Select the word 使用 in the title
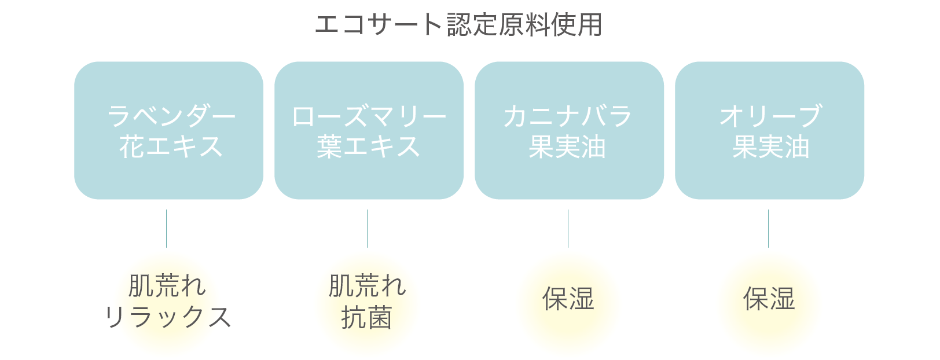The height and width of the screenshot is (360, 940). click(577, 25)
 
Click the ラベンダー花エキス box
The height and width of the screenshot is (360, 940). click(168, 130)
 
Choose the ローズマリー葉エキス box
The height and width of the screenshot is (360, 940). click(369, 130)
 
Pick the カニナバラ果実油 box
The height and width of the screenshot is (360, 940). click(569, 130)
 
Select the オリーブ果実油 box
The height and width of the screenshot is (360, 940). click(769, 130)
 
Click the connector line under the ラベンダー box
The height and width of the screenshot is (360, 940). click(167, 229)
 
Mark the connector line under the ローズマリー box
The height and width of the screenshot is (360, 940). click(367, 229)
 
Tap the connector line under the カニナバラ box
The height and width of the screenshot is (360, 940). click(568, 229)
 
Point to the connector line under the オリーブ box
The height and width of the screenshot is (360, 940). click(768, 229)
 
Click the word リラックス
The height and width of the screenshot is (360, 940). click(168, 317)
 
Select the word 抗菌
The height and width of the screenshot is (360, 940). click(366, 318)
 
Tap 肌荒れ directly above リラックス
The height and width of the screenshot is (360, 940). click(167, 286)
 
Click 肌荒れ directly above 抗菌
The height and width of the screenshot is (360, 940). click(368, 286)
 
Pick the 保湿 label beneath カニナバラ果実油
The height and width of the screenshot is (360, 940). click(568, 299)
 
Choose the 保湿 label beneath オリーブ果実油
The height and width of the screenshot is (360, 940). click(769, 299)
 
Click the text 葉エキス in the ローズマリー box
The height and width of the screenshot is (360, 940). click(368, 146)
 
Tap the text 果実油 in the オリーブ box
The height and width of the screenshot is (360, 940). click(770, 147)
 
